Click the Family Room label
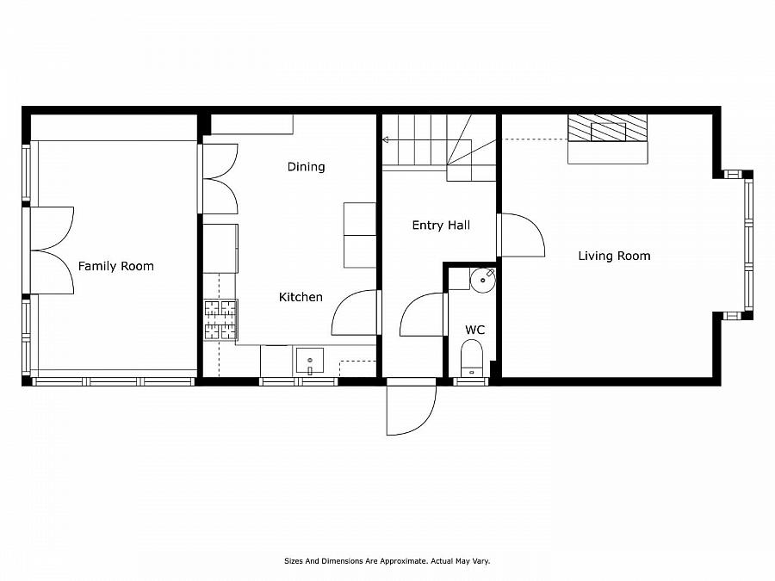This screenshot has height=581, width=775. (116, 266)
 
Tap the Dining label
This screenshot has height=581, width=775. (306, 167)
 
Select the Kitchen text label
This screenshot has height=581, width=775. (301, 297)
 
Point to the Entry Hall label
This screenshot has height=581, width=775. (441, 226)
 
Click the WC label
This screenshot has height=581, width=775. (474, 330)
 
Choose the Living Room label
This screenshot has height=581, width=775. (614, 256)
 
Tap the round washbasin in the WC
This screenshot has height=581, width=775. (483, 280)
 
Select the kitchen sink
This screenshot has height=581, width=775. (309, 360)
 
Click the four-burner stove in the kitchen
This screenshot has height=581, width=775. (220, 318)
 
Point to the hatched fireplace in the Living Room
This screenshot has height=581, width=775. (607, 128)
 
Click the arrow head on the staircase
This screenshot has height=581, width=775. (386, 139)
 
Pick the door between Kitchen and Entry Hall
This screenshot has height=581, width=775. (356, 312)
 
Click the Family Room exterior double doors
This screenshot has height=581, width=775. (52, 250)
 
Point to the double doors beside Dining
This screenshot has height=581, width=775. (220, 178)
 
